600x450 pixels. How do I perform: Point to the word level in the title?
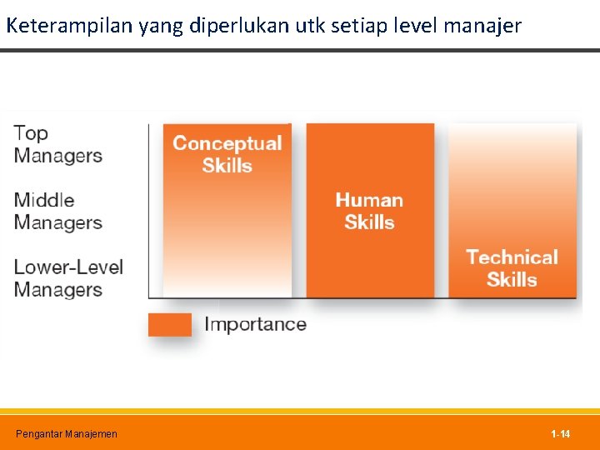[x=417, y=26]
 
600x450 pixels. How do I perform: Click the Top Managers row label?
[x=57, y=144]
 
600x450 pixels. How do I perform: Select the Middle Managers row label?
[x=57, y=211]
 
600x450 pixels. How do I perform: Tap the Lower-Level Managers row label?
[x=68, y=278]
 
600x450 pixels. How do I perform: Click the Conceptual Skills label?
[x=227, y=154]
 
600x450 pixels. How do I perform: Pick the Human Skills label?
[x=369, y=211]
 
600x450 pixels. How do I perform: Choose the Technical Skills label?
[x=512, y=267]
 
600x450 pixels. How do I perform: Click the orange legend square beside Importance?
[x=169, y=324]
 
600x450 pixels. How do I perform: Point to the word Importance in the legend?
[x=255, y=324]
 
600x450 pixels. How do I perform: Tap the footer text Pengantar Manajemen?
[x=67, y=434]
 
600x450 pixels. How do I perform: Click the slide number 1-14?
[x=560, y=434]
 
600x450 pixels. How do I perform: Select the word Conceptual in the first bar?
[x=227, y=143]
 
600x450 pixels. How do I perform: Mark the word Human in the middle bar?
[x=369, y=200]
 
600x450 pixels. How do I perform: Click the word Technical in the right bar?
[x=512, y=257]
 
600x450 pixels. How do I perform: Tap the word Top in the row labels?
[x=31, y=133]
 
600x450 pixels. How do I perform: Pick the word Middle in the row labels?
[x=44, y=200]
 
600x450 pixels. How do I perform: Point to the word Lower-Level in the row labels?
[x=68, y=267]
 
